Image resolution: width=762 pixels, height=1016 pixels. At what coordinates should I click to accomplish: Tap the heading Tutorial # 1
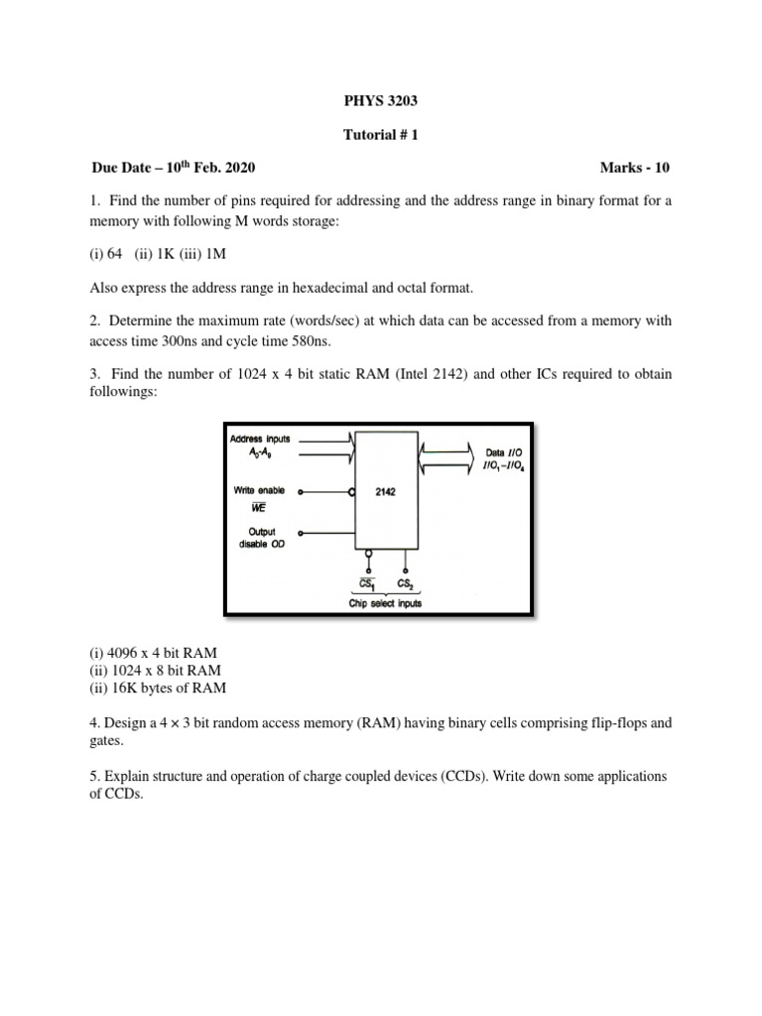pyautogui.click(x=381, y=134)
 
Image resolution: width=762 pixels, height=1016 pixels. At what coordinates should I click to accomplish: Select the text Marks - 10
pyautogui.click(x=635, y=167)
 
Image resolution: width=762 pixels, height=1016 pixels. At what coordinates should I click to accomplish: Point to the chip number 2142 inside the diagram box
pyautogui.click(x=386, y=491)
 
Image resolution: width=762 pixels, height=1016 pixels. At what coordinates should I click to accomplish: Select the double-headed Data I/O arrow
pyautogui.click(x=448, y=459)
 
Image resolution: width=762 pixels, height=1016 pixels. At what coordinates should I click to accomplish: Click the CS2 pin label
pyautogui.click(x=406, y=583)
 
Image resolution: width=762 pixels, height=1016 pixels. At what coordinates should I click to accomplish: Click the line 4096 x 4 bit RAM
pyautogui.click(x=154, y=653)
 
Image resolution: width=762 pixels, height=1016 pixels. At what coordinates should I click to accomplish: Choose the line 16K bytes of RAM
pyautogui.click(x=158, y=688)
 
